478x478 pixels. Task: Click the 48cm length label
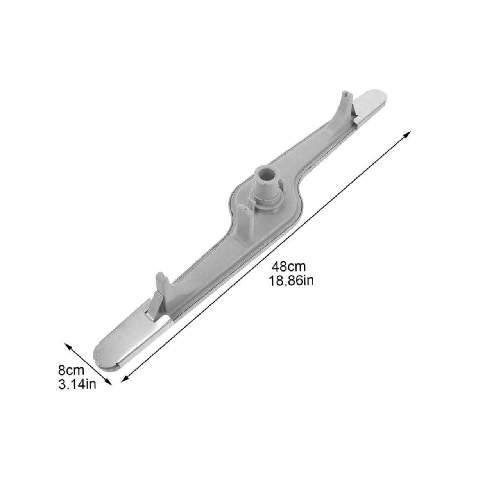[x=289, y=267]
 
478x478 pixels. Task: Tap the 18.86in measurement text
[x=291, y=281]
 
